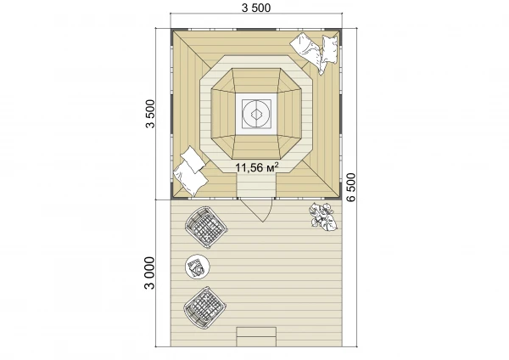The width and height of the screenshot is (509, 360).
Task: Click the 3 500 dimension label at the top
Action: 256,8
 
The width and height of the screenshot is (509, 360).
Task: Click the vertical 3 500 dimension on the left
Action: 150,114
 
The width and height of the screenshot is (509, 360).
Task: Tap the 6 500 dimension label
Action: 351,188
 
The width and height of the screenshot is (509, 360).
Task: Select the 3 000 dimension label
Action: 149,273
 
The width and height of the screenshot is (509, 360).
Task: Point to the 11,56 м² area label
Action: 256,167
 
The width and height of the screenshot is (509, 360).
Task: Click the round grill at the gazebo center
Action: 256,114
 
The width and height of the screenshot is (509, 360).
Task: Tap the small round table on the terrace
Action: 198,267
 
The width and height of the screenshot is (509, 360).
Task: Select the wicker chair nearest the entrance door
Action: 206,227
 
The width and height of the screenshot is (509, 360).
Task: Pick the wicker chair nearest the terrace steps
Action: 204,307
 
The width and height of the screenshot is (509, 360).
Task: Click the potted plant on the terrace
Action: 322,217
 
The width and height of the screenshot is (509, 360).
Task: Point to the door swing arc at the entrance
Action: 268,212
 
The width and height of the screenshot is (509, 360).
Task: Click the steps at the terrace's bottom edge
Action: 256,337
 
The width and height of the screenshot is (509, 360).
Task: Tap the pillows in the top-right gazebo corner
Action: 316,53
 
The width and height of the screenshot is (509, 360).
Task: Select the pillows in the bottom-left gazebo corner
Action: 191,172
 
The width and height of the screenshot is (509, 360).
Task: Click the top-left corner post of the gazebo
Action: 173,31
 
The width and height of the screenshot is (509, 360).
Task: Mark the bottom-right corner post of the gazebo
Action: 339,196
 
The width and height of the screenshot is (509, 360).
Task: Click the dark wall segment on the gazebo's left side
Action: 171,111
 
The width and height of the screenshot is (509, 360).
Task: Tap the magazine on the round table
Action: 196,267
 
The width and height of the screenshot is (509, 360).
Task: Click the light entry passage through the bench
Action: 256,185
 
